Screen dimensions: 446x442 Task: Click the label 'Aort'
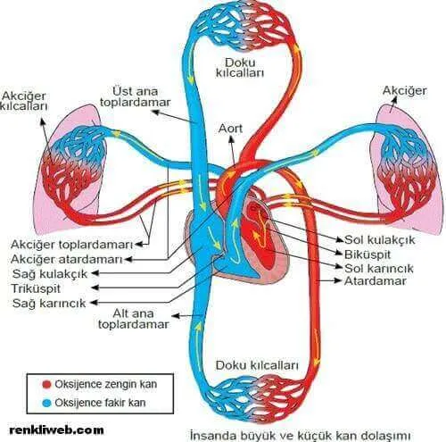(x=230, y=129)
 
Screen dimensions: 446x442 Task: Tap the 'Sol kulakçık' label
(x=379, y=239)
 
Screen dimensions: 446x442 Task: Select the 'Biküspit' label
(x=368, y=254)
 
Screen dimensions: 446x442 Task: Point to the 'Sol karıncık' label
(x=379, y=268)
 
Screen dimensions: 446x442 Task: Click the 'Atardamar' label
(x=376, y=281)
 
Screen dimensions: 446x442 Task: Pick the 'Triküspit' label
(x=36, y=288)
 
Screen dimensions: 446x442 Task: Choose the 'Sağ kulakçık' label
(x=50, y=274)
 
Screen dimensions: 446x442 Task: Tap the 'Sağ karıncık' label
(x=49, y=303)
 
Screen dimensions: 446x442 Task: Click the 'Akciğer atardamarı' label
(x=67, y=259)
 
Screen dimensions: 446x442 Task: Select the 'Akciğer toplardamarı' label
(x=71, y=245)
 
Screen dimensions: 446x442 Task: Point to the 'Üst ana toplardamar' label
(x=136, y=96)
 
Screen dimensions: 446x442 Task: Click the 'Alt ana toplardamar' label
(x=134, y=319)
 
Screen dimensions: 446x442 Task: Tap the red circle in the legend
(x=46, y=384)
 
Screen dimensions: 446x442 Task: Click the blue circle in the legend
(x=46, y=403)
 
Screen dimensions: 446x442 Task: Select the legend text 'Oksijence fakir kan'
(x=100, y=403)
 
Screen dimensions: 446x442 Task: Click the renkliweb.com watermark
(x=56, y=429)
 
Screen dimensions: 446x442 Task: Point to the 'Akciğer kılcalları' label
(x=24, y=101)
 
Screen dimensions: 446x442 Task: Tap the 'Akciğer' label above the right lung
(x=404, y=90)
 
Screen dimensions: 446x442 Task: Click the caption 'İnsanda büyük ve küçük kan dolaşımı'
(x=301, y=436)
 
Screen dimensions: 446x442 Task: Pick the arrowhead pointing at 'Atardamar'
(x=338, y=280)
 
